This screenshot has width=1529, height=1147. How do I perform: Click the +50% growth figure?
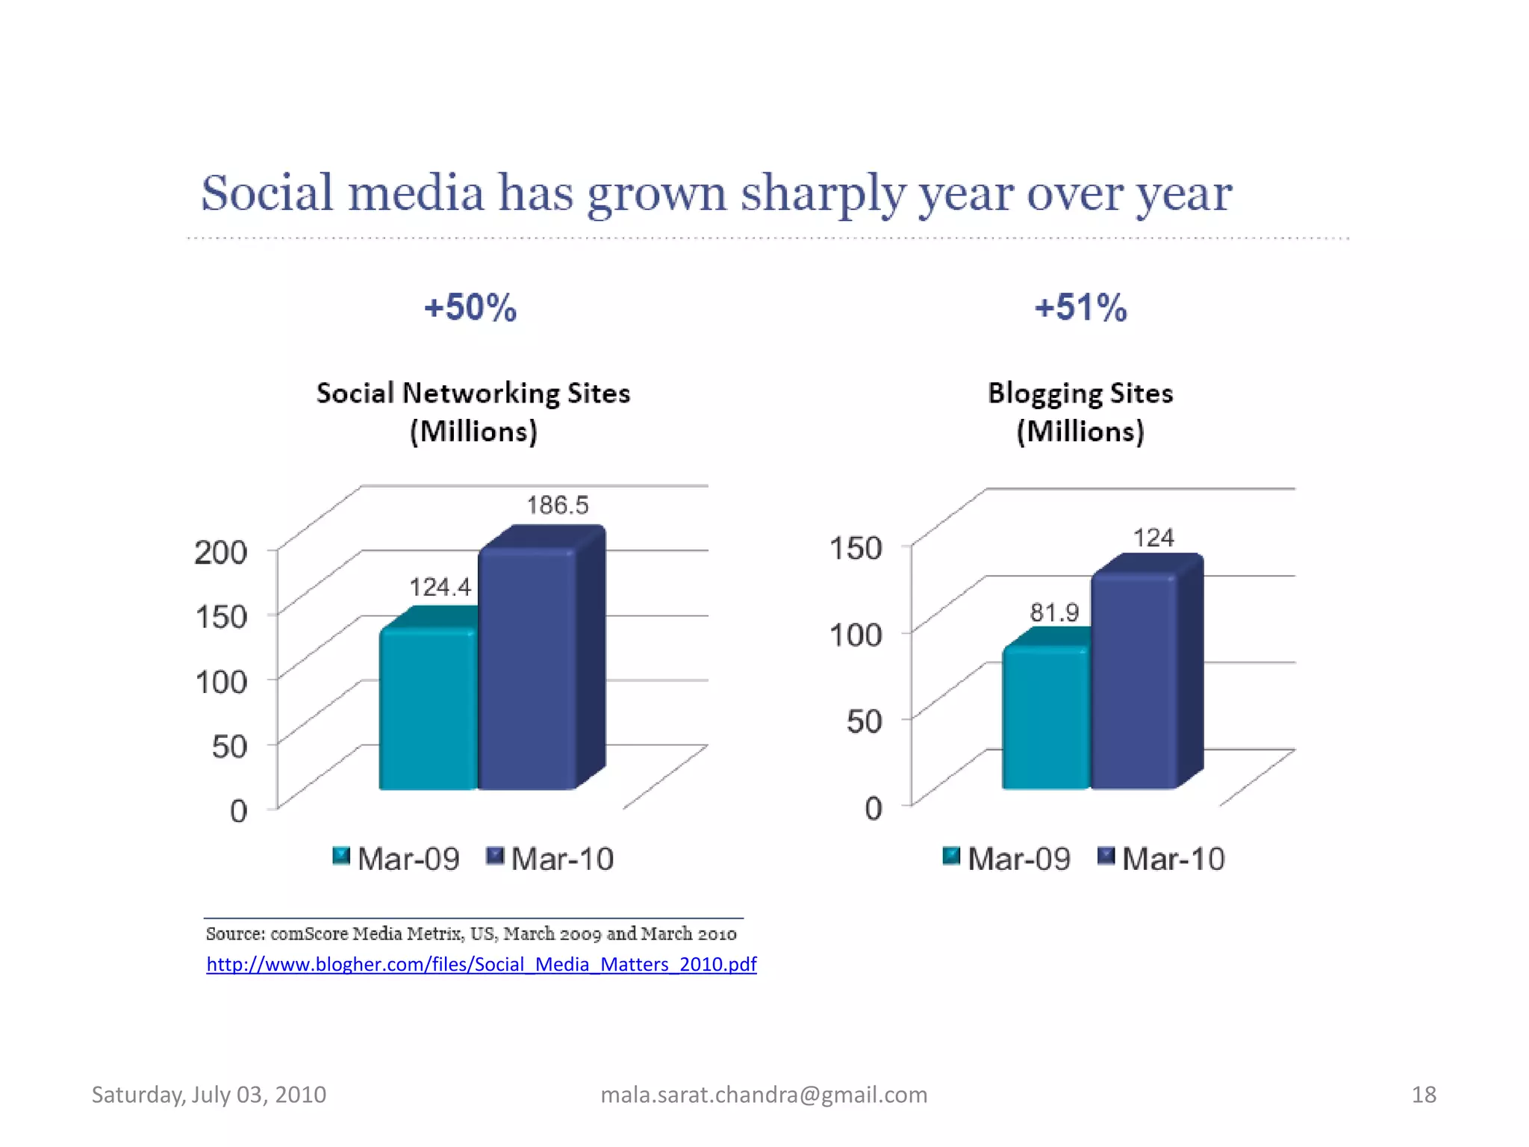click(x=470, y=308)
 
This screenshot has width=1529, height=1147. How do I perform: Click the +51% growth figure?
click(x=1080, y=308)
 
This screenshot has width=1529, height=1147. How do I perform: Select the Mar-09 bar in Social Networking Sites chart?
click(x=428, y=709)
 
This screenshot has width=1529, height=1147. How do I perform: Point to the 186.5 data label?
click(x=558, y=506)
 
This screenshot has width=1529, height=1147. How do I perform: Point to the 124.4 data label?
click(x=440, y=588)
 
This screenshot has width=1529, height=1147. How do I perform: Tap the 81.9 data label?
click(x=1054, y=613)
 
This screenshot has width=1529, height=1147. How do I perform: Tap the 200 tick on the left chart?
click(x=221, y=553)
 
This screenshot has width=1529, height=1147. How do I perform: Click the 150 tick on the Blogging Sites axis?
click(x=856, y=548)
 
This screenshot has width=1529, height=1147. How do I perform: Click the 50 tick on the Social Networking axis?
click(x=229, y=746)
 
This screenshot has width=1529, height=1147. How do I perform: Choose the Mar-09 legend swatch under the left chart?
click(x=341, y=856)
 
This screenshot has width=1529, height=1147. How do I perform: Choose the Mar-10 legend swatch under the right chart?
click(x=1106, y=856)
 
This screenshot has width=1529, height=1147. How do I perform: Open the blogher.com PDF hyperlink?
click(x=482, y=964)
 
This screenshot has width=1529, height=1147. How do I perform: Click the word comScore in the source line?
click(x=308, y=934)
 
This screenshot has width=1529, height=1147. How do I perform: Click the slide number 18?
click(x=1424, y=1095)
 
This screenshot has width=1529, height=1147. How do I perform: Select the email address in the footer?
click(x=764, y=1095)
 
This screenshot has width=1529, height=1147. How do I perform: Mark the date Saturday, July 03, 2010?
click(x=209, y=1095)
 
